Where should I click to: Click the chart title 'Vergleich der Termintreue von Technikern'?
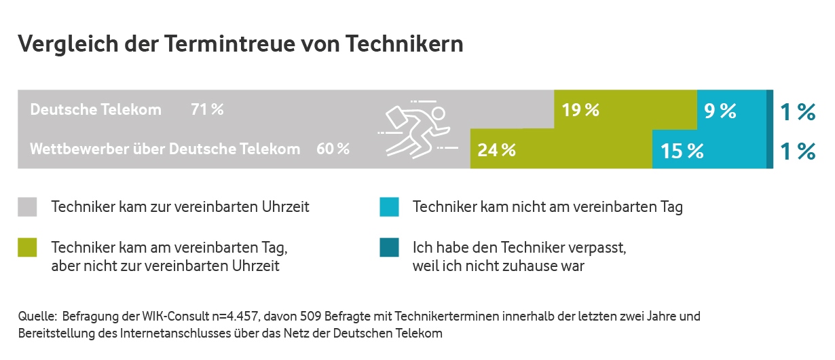tap(240, 44)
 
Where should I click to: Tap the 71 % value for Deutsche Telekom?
tap(207, 109)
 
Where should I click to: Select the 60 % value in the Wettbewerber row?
tap(333, 149)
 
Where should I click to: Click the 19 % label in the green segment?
tap(580, 110)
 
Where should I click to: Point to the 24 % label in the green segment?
tap(496, 150)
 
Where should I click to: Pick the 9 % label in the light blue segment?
tap(720, 111)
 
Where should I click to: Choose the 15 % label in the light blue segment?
tap(682, 150)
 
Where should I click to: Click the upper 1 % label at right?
tap(797, 111)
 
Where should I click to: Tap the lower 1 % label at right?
tap(797, 151)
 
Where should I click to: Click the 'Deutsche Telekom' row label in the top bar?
tap(96, 109)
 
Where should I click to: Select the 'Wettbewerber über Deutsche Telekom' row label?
tap(165, 149)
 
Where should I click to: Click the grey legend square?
tap(27, 207)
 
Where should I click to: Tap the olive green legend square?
tap(27, 248)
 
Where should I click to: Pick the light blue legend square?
tap(388, 207)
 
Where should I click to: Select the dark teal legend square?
tap(388, 248)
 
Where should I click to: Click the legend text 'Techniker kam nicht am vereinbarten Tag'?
tap(547, 207)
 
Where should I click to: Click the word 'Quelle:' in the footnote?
tap(37, 317)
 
